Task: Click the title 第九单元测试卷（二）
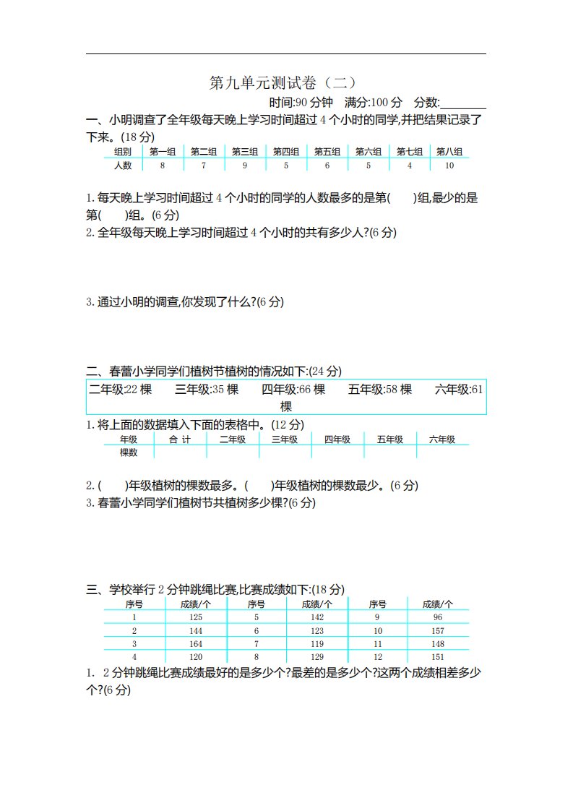(283, 83)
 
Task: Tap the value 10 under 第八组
(450, 166)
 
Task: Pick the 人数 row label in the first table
(123, 166)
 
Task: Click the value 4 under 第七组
(410, 166)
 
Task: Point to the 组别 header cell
(123, 152)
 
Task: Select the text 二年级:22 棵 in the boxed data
(120, 390)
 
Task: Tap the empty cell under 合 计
(180, 452)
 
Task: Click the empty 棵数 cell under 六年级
(442, 452)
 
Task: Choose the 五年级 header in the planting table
(390, 439)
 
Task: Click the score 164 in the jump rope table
(196, 643)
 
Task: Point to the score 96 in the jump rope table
(437, 617)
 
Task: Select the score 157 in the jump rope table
(437, 630)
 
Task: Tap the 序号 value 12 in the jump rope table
(377, 657)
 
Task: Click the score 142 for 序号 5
(317, 617)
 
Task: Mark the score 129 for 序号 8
(317, 657)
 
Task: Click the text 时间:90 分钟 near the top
(301, 103)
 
